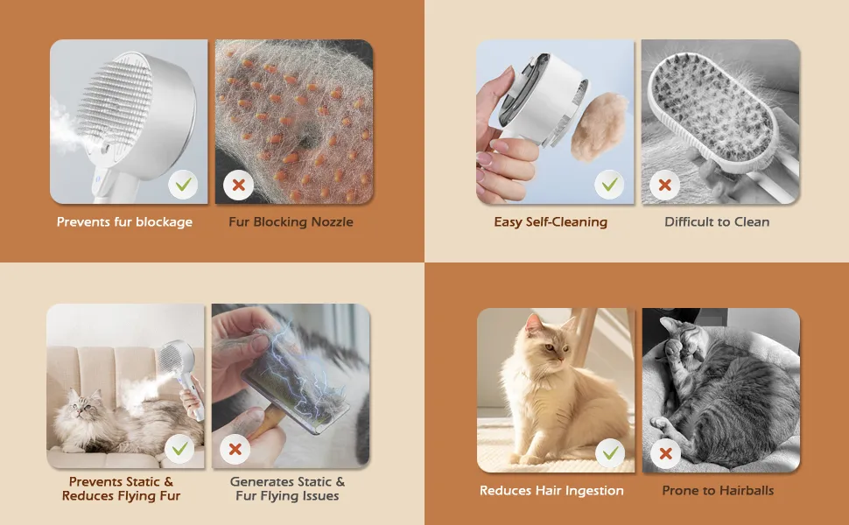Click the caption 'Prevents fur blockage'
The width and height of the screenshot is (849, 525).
(124, 222)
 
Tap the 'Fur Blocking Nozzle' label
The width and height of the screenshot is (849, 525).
(291, 222)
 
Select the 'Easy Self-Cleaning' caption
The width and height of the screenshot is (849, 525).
(551, 222)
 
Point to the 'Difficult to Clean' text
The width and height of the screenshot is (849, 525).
(717, 222)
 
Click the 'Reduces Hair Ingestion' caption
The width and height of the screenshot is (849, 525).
(551, 490)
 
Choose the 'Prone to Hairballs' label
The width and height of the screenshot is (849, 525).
(718, 490)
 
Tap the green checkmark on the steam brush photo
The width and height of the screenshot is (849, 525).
(183, 185)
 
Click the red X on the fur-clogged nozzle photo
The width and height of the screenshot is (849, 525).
(238, 185)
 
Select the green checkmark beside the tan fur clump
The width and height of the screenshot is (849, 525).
(610, 185)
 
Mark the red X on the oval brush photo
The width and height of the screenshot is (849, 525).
(665, 185)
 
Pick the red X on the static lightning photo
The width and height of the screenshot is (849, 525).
(235, 449)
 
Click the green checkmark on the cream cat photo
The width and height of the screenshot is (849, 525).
(610, 453)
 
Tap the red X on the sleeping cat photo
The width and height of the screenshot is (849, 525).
(665, 453)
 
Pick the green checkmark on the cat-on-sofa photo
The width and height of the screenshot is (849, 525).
(179, 449)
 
